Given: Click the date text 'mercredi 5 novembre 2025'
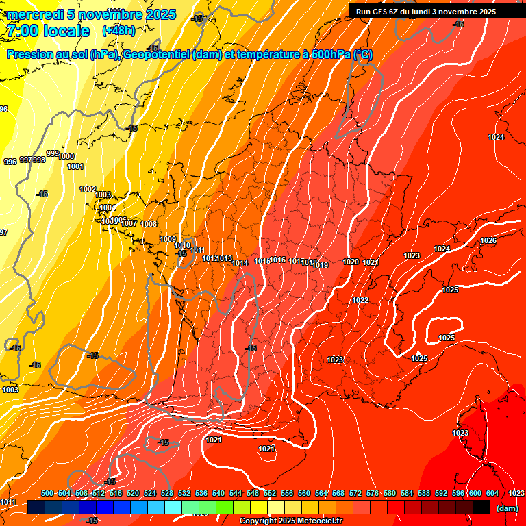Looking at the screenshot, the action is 92,14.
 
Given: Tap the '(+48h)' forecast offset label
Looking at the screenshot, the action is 118,31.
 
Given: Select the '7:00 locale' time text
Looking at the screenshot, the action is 47,31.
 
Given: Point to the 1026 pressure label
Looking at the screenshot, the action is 488,240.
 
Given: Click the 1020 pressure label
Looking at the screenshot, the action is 351,262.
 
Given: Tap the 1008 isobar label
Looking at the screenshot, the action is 149,224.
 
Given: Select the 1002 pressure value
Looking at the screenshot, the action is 88,189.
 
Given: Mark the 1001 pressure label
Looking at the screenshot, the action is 75,166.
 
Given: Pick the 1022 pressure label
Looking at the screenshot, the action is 360,300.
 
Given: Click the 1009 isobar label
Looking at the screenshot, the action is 168,238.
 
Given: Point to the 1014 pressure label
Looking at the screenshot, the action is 240,263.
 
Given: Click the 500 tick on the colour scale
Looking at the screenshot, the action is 47,493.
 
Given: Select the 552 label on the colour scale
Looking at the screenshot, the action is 270,493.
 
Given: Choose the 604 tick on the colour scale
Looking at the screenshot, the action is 492,493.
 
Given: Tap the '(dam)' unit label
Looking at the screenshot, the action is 507,508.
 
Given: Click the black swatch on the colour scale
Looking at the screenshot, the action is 481,508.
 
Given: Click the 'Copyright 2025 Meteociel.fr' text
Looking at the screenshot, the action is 290,521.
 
